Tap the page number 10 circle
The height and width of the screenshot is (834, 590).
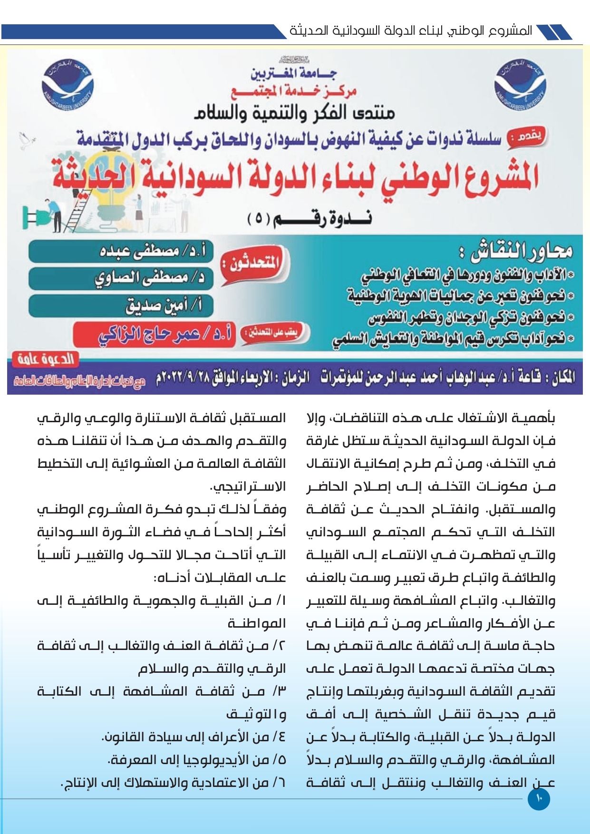539,799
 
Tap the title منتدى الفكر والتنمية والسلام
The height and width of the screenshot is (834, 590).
295,113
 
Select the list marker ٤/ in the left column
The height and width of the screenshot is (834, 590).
279,737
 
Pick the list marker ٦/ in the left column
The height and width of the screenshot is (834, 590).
279,783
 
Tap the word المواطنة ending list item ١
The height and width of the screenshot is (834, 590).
257,623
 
